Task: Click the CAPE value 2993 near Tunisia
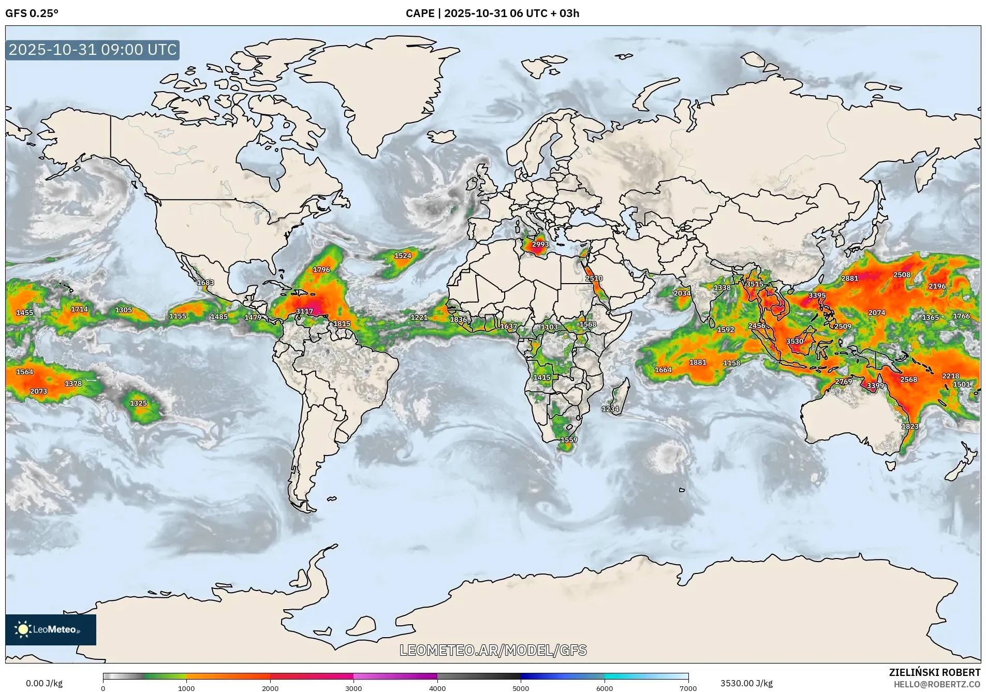click(540, 244)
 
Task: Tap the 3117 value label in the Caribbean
click(304, 311)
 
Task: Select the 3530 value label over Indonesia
click(794, 341)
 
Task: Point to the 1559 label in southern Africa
click(568, 440)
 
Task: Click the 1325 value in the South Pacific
click(138, 403)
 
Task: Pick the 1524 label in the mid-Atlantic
click(403, 256)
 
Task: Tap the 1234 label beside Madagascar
click(610, 409)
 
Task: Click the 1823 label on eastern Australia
click(910, 426)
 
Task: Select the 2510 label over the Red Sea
click(594, 278)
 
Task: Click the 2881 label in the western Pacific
click(849, 278)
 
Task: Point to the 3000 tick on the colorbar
click(354, 688)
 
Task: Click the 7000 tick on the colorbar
click(688, 688)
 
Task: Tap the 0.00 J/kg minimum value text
click(45, 683)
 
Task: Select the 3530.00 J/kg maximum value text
click(746, 683)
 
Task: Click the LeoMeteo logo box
click(51, 629)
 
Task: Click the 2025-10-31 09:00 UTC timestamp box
click(93, 50)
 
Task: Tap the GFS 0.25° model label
click(32, 13)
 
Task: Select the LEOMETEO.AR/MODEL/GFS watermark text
click(493, 650)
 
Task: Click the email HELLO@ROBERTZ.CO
click(937, 684)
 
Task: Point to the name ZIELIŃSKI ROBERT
click(934, 672)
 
